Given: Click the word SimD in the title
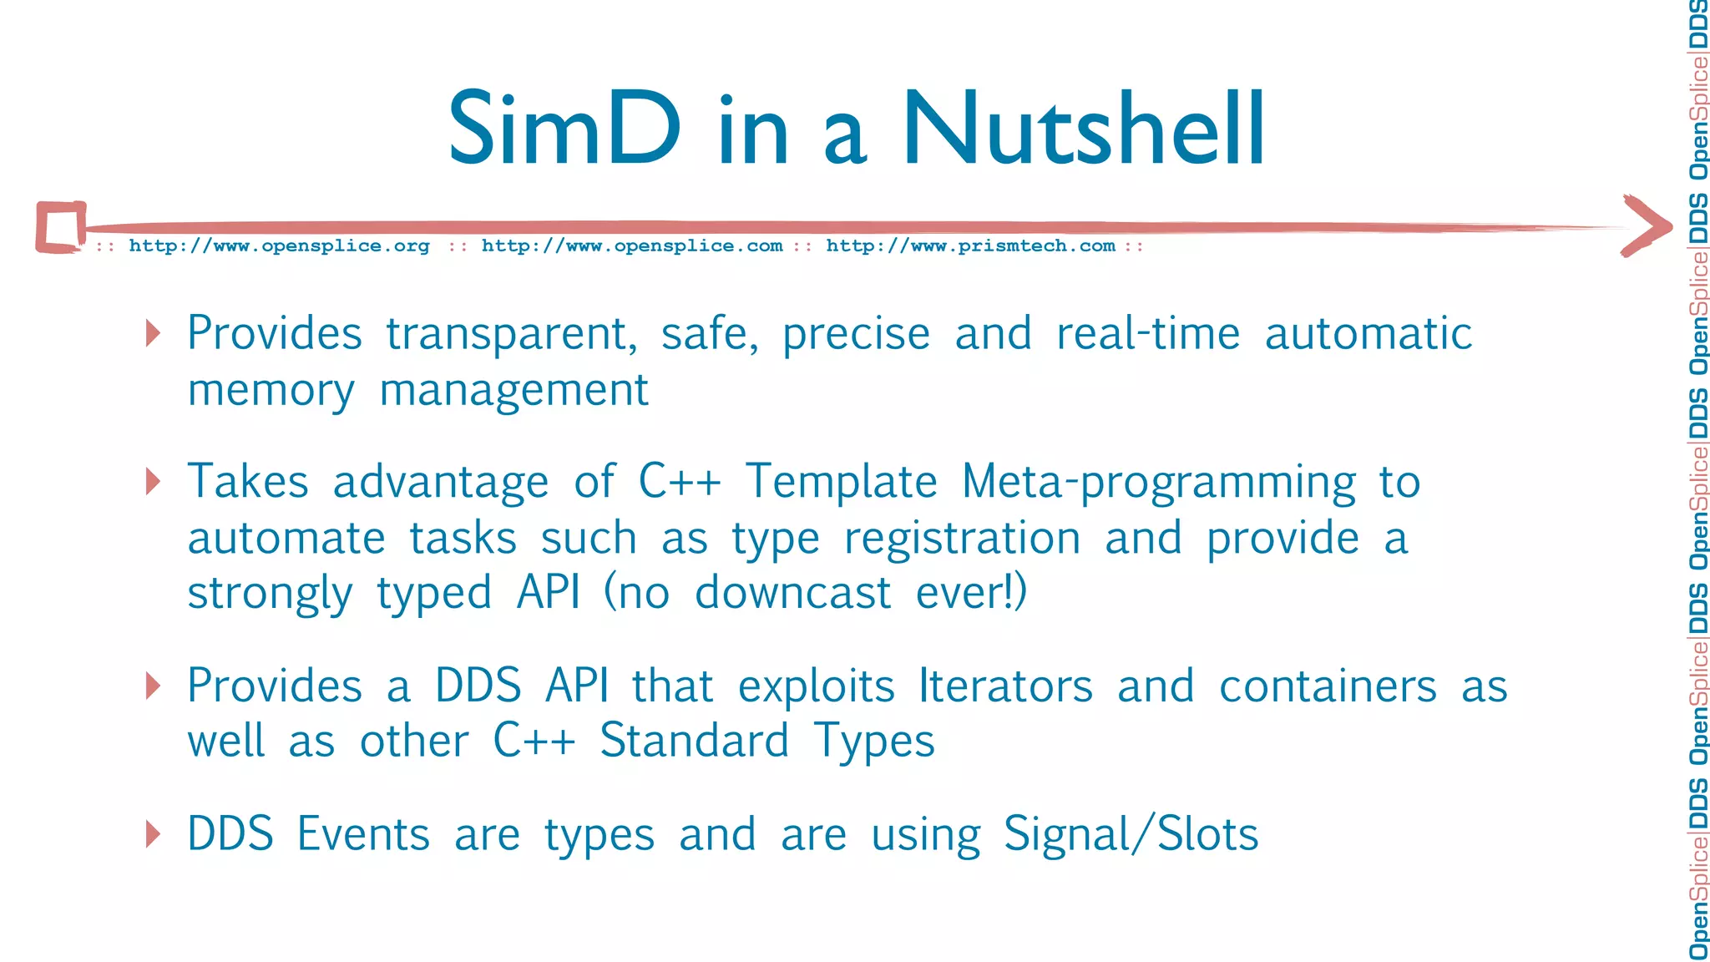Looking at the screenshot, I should [x=564, y=129].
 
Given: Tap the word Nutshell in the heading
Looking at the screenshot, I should [x=1083, y=129].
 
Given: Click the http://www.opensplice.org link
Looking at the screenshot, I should [x=279, y=246].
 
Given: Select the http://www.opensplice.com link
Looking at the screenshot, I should [x=632, y=246].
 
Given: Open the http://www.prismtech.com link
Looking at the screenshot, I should [x=970, y=246].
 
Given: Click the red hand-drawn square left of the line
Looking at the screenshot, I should [x=61, y=226].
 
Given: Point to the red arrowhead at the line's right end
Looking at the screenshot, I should [x=1646, y=225].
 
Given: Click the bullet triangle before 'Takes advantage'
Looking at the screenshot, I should [x=152, y=481].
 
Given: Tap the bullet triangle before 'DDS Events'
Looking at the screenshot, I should [x=152, y=833].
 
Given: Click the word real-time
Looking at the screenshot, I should [x=1148, y=334].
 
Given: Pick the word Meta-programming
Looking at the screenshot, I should [x=1158, y=483].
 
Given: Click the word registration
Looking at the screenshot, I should [x=962, y=539].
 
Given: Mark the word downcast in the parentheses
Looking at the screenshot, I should [x=792, y=594].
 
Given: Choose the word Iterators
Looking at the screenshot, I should [x=1005, y=686].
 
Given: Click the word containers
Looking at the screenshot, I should [x=1328, y=686].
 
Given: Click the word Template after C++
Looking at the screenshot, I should [x=841, y=483].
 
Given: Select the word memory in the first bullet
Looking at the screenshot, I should [x=271, y=391].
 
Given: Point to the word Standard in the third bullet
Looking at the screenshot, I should [x=694, y=742].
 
